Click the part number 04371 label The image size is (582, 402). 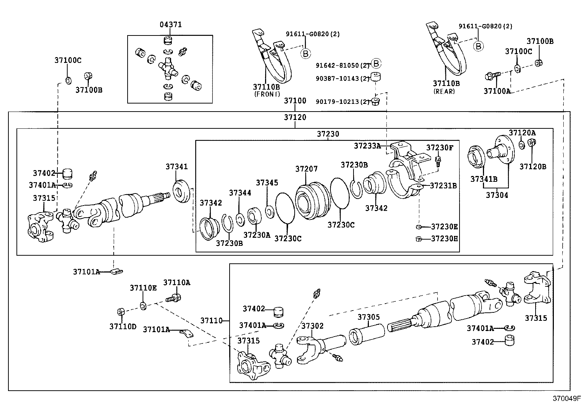point(170,25)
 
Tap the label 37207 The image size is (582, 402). point(306,169)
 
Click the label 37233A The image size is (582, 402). point(367,146)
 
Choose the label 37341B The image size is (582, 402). point(483,179)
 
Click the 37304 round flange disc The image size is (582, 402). point(503,150)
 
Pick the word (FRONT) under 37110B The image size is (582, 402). point(267,94)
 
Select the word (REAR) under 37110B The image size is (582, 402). point(444,91)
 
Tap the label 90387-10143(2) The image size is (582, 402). point(343,78)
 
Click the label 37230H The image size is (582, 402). point(444,239)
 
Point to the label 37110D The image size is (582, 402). point(122,326)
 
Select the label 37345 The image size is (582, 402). point(267,183)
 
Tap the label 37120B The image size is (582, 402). point(533,167)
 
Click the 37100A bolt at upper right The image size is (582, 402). point(491,76)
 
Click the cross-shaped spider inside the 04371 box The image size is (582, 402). point(168,68)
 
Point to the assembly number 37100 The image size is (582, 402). point(295,101)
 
